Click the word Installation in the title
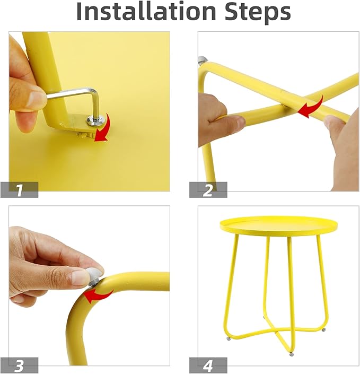tap(146, 11)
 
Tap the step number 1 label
tap(19, 190)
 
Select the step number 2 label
tap(208, 190)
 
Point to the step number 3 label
tap(19, 365)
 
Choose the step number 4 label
tap(208, 365)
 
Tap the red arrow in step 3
tap(98, 295)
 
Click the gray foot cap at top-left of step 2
tap(202, 59)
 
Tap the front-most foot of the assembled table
tap(291, 354)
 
